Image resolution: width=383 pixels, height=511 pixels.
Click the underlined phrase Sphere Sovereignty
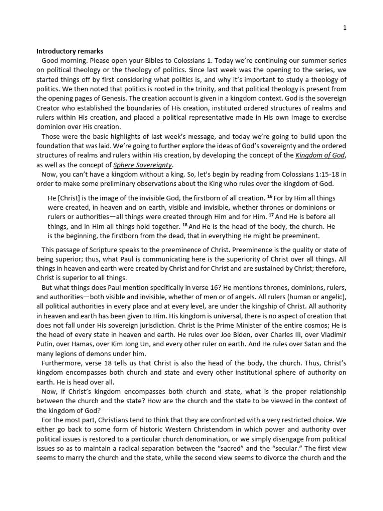click(x=138, y=165)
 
